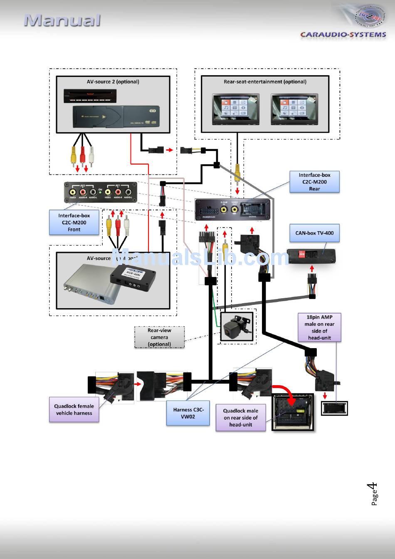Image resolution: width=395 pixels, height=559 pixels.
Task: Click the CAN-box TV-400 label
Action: pyautogui.click(x=314, y=233)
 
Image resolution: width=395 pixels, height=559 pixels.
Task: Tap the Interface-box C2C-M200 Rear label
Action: pyautogui.click(x=314, y=182)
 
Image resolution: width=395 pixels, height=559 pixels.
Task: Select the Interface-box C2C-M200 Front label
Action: pyautogui.click(x=74, y=223)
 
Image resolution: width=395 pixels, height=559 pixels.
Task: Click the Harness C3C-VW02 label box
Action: pyautogui.click(x=188, y=413)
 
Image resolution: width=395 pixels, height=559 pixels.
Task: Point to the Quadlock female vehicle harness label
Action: pyautogui.click(x=74, y=410)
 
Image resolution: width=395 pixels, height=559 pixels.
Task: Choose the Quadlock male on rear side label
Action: pyautogui.click(x=240, y=418)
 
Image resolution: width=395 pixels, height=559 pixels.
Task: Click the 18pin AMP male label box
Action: pyautogui.click(x=319, y=327)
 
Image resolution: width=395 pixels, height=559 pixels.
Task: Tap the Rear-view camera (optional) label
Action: pyautogui.click(x=159, y=337)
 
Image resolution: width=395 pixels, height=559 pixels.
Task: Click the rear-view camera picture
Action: pyautogui.click(x=237, y=326)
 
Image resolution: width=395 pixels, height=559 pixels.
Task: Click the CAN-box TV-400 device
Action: pyautogui.click(x=311, y=256)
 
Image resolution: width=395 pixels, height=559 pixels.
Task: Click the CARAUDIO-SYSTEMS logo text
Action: pyautogui.click(x=343, y=35)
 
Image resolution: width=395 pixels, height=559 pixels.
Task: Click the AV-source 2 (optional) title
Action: pyautogui.click(x=113, y=82)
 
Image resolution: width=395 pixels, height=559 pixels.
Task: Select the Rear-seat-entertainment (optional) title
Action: pyautogui.click(x=265, y=82)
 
